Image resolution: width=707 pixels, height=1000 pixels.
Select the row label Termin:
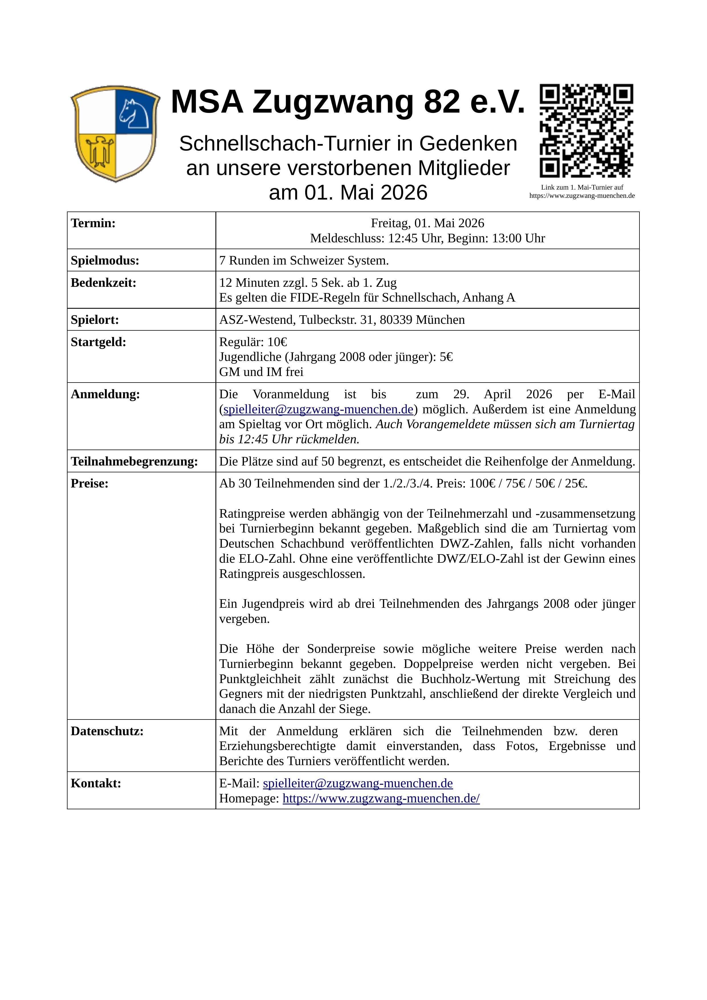pyautogui.click(x=93, y=223)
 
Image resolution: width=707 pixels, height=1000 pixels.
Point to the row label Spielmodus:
pyautogui.click(x=105, y=261)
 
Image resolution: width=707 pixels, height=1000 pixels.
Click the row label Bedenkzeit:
pyautogui.click(x=104, y=283)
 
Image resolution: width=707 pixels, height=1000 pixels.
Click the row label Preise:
pyautogui.click(x=90, y=483)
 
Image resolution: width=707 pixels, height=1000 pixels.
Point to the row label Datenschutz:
pyautogui.click(x=107, y=731)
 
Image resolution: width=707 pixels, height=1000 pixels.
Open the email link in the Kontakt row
pyautogui.click(x=358, y=784)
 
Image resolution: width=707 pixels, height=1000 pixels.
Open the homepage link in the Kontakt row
pyautogui.click(x=381, y=798)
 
